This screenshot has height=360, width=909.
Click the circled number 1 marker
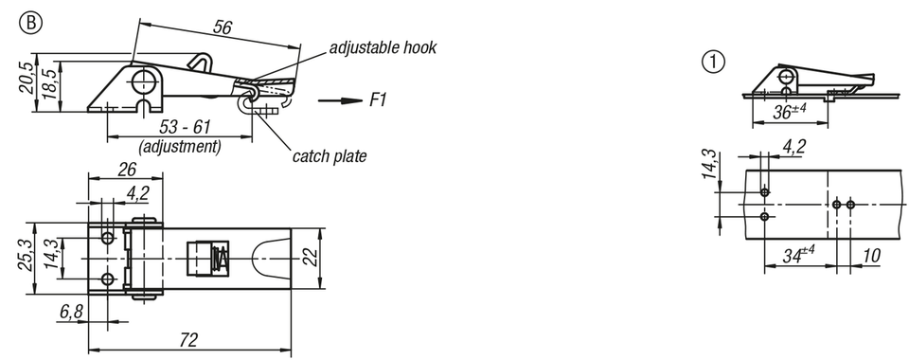(x=714, y=63)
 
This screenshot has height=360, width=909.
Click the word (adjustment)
(x=180, y=146)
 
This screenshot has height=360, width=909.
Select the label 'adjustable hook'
(x=383, y=47)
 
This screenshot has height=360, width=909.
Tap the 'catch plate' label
(x=330, y=156)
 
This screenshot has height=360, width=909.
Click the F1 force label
(x=378, y=100)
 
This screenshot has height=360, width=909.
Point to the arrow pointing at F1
(x=340, y=100)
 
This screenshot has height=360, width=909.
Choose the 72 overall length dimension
(x=189, y=340)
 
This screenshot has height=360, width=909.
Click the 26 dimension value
(x=127, y=170)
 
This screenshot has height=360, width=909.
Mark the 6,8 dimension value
(x=71, y=312)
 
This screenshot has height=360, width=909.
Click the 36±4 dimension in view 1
(x=790, y=111)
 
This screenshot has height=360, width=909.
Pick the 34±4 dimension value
(x=800, y=255)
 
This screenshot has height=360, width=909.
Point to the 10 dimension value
(x=871, y=255)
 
